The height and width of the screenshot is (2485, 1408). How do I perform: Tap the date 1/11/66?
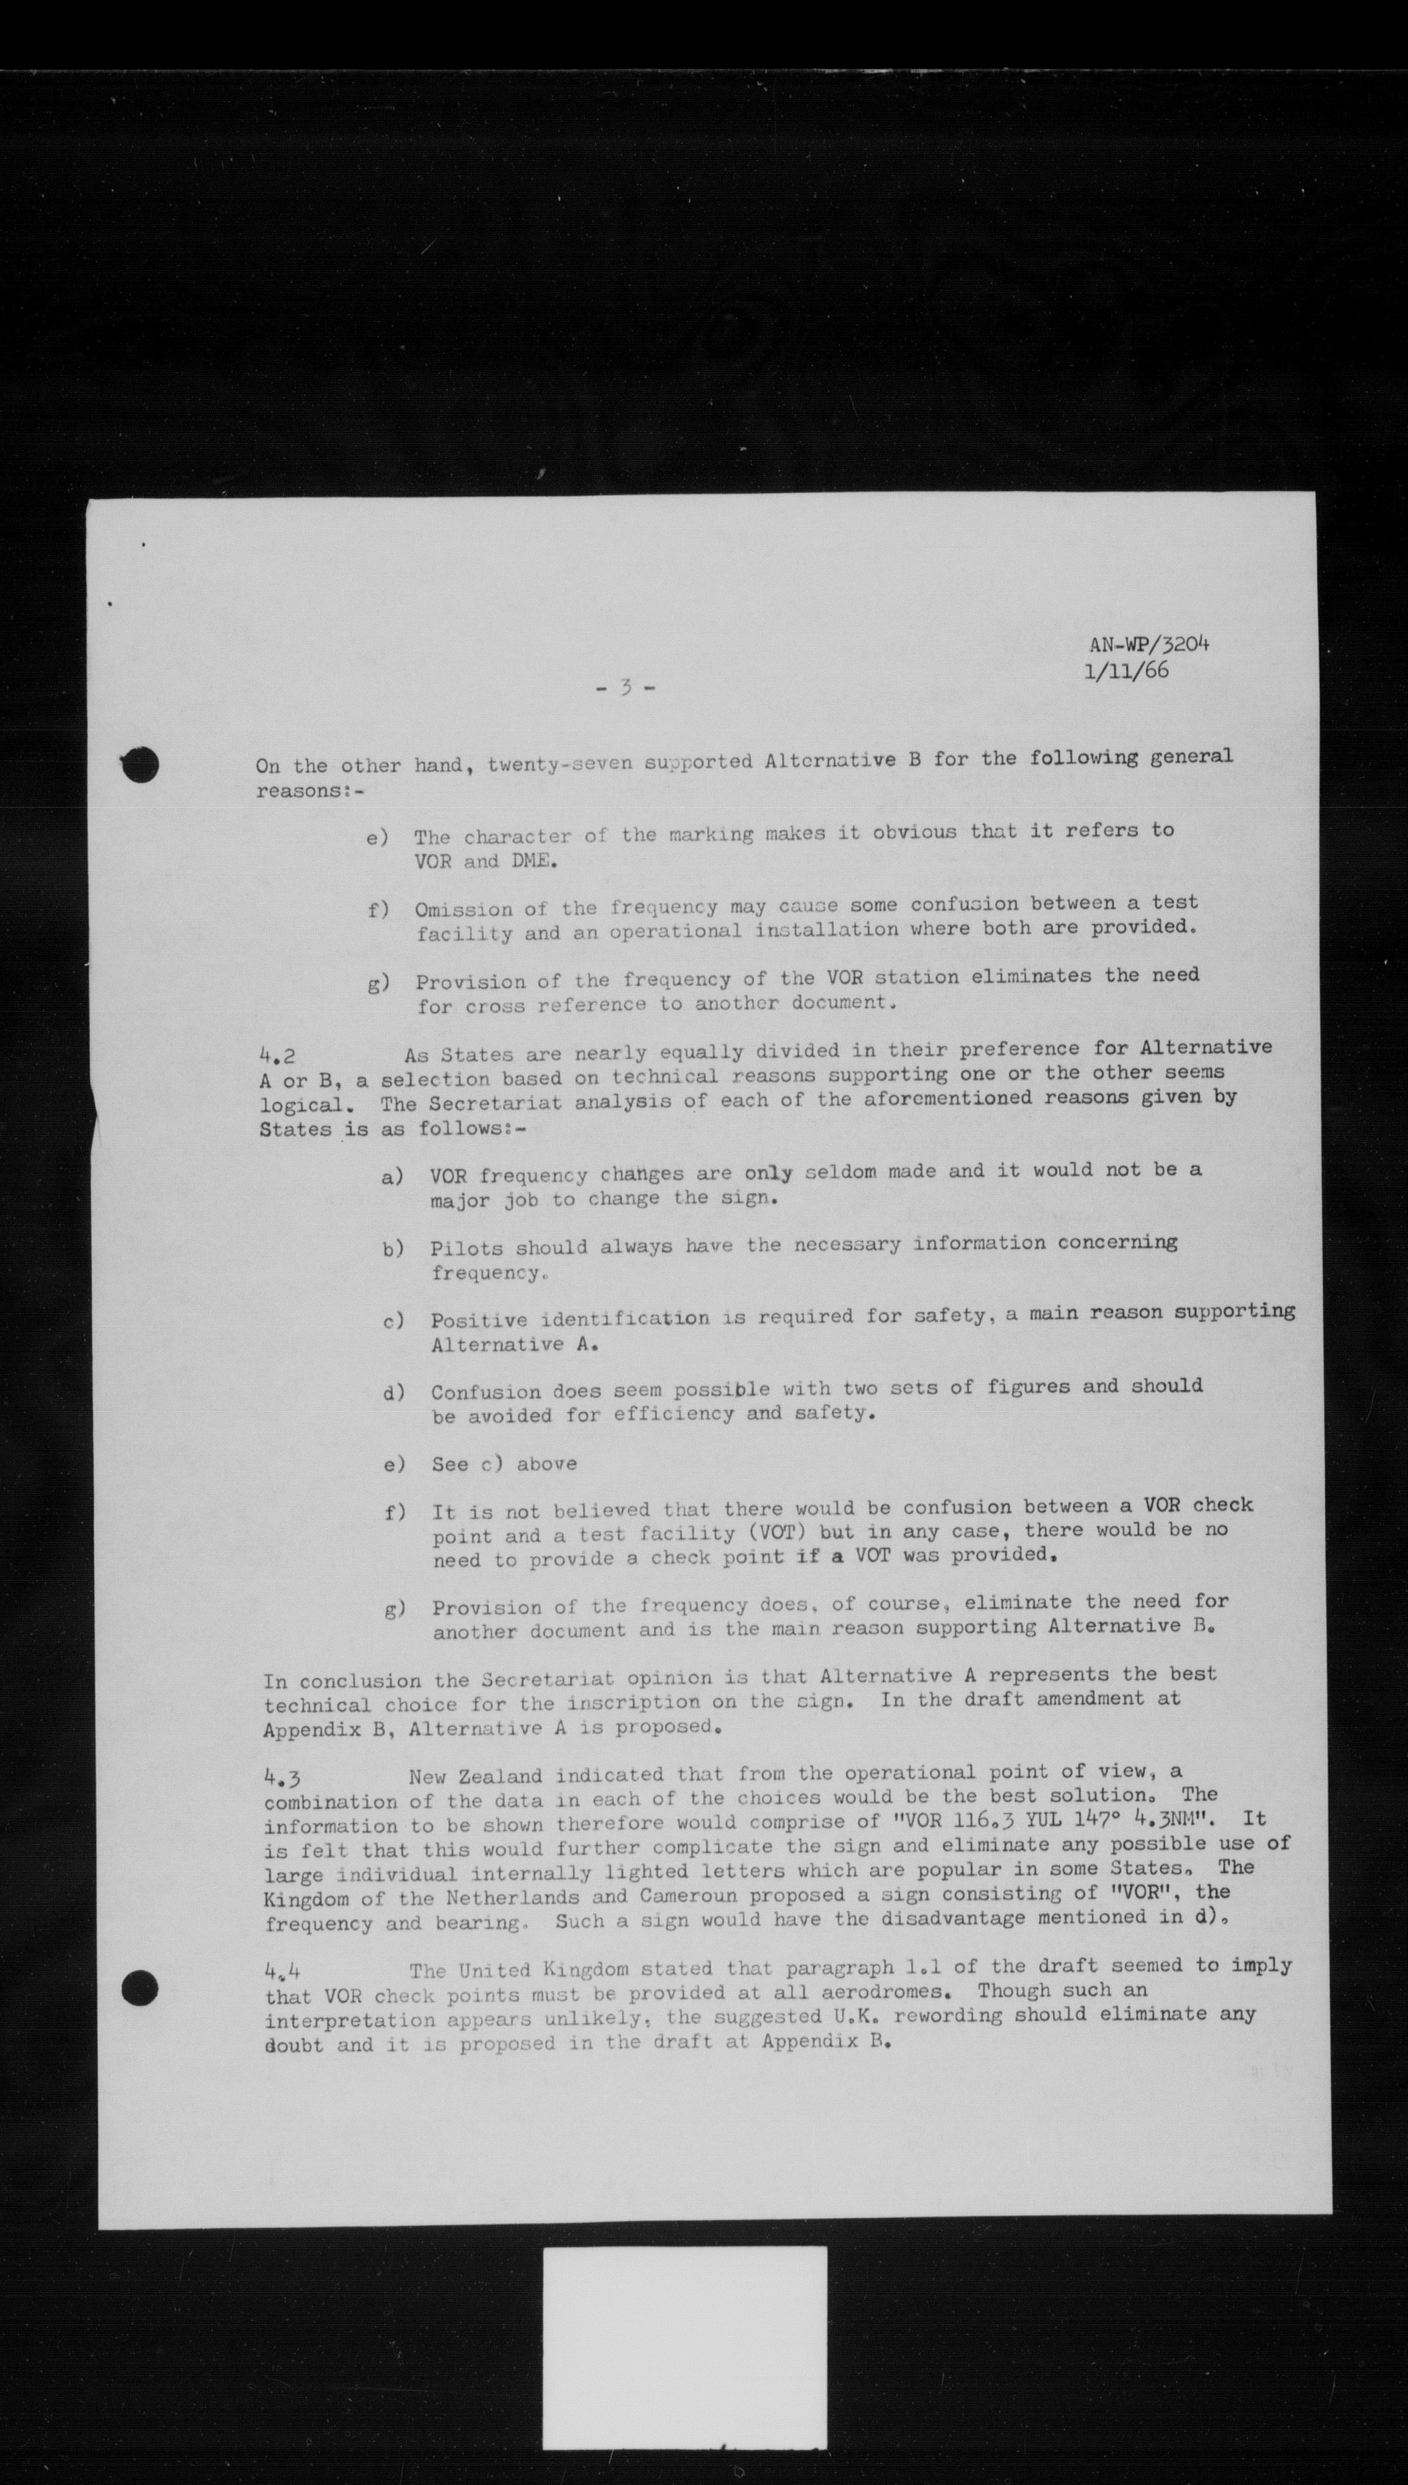coord(1128,671)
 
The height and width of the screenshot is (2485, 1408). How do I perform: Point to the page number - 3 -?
coord(625,688)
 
